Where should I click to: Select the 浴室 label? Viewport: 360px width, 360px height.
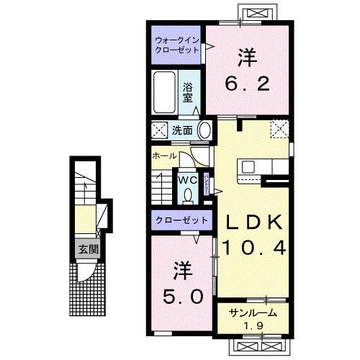click(188, 93)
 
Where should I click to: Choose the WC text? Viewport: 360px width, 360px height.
click(189, 179)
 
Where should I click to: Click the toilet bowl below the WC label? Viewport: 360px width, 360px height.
click(189, 194)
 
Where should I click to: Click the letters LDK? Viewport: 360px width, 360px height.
click(253, 222)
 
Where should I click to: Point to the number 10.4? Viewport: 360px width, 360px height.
click(253, 248)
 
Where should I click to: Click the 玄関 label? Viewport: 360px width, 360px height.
click(88, 249)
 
